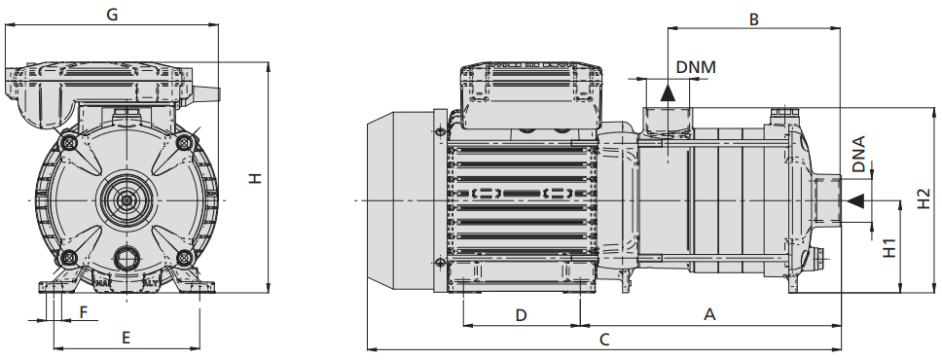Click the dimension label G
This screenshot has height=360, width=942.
(112, 15)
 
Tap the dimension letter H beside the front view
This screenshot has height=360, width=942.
(256, 178)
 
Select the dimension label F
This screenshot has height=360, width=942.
(84, 311)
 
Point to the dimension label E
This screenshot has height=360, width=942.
(127, 338)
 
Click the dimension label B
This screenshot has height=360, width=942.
(754, 19)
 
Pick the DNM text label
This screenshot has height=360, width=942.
(697, 67)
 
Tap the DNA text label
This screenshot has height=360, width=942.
(859, 155)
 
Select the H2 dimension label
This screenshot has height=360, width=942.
(924, 198)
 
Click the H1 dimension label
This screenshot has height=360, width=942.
(890, 247)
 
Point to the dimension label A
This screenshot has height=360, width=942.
(710, 314)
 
